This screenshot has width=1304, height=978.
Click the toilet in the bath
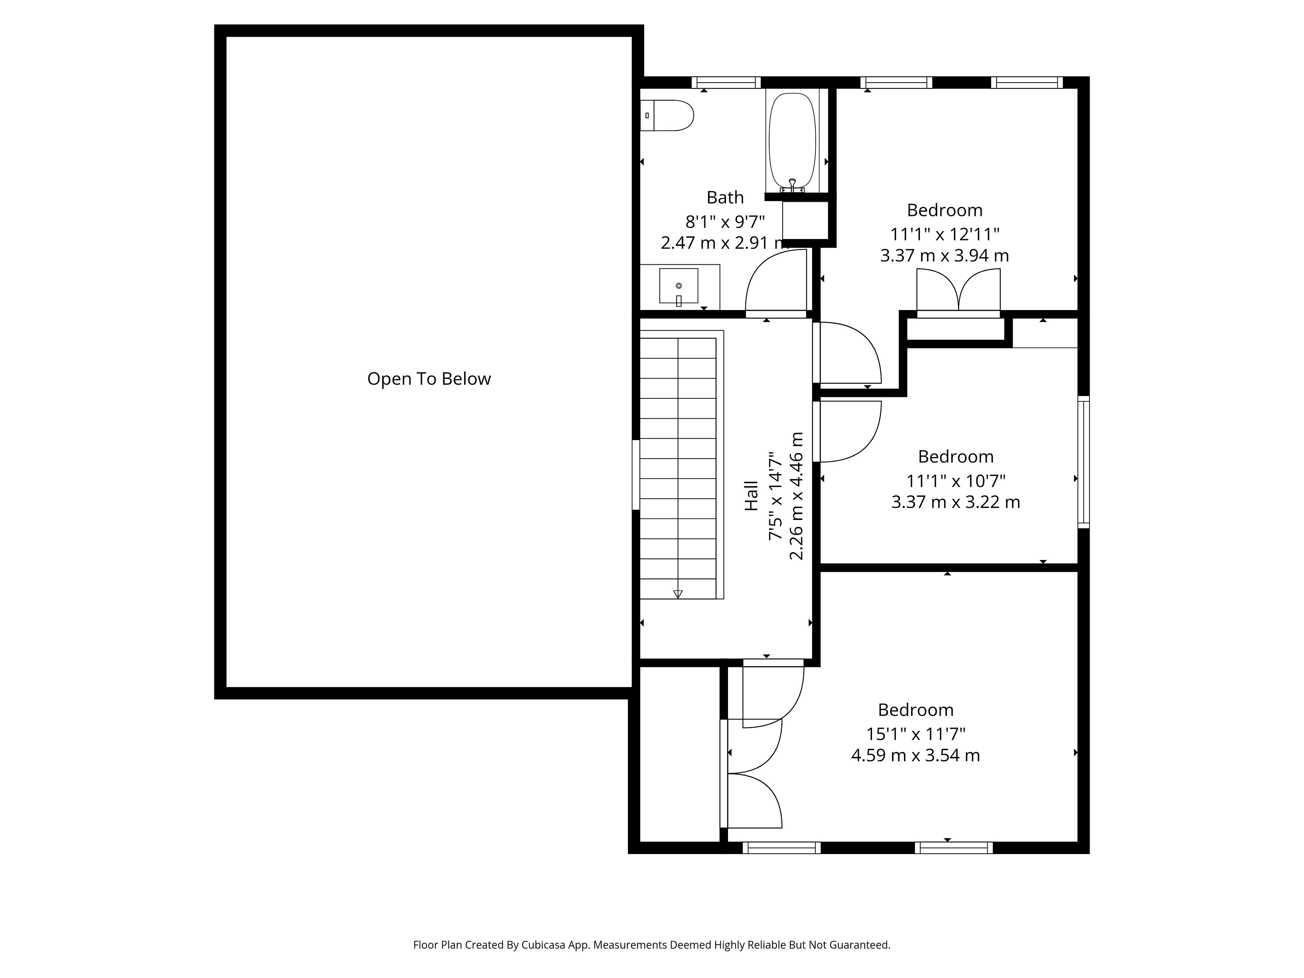point(667,115)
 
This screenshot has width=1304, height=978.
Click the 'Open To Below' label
point(429,379)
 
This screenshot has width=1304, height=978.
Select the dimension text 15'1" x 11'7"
point(916,734)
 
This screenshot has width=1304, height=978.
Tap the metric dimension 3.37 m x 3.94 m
point(944,255)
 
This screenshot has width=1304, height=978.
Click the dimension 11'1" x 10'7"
point(956,481)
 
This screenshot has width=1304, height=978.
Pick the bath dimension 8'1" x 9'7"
point(725,222)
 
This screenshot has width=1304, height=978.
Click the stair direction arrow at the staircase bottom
point(678,594)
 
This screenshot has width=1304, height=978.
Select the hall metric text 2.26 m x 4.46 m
point(796,496)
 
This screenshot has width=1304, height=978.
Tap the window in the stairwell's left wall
point(636,474)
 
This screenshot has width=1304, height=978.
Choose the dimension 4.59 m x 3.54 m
point(916,755)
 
